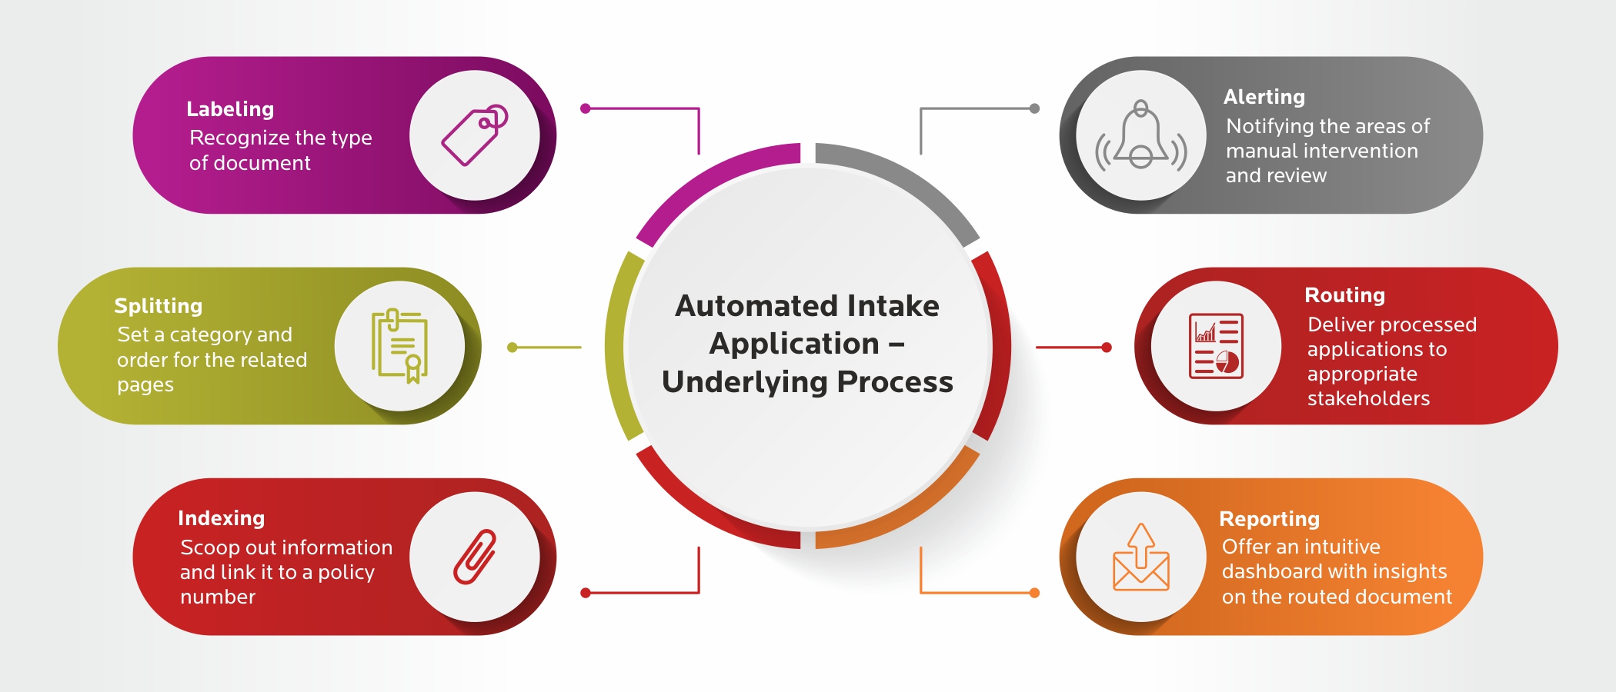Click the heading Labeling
pyautogui.click(x=230, y=110)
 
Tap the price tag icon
pyautogui.click(x=475, y=135)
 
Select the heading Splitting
pyautogui.click(x=159, y=307)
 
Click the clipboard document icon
pyautogui.click(x=399, y=346)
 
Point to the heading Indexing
pyautogui.click(x=222, y=518)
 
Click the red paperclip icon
pyautogui.click(x=475, y=557)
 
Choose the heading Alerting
pyautogui.click(x=1264, y=98)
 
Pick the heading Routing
pyautogui.click(x=1345, y=295)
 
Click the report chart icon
pyautogui.click(x=1217, y=346)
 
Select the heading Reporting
pyautogui.click(x=1270, y=519)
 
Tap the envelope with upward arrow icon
pyautogui.click(x=1141, y=557)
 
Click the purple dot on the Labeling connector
pyautogui.click(x=586, y=108)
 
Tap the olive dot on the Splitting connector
pyautogui.click(x=513, y=348)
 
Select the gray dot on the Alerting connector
pyautogui.click(x=1035, y=108)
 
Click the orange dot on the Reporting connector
pyautogui.click(x=1035, y=593)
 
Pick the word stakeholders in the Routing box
pyautogui.click(x=1369, y=398)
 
